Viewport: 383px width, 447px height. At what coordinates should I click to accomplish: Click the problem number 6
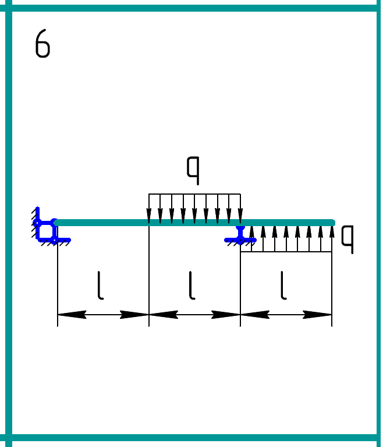(42, 44)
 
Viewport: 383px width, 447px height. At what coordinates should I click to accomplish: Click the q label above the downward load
(193, 168)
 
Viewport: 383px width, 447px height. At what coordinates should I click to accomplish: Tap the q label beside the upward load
(347, 238)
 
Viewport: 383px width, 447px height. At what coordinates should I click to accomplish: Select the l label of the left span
(101, 286)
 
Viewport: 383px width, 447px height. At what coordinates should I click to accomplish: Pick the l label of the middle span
(192, 286)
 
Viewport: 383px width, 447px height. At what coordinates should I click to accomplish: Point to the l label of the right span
(283, 286)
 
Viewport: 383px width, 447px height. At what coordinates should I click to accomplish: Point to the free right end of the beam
(332, 222)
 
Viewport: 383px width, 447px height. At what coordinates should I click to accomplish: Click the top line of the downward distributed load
(194, 194)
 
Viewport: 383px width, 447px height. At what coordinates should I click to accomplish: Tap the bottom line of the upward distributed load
(286, 252)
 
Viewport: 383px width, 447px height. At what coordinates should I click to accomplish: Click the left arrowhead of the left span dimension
(67, 315)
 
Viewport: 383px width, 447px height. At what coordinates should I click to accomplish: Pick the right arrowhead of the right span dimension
(322, 315)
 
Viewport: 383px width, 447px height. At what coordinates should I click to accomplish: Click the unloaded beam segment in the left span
(102, 222)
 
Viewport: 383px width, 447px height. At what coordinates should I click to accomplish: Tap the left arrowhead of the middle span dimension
(158, 315)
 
